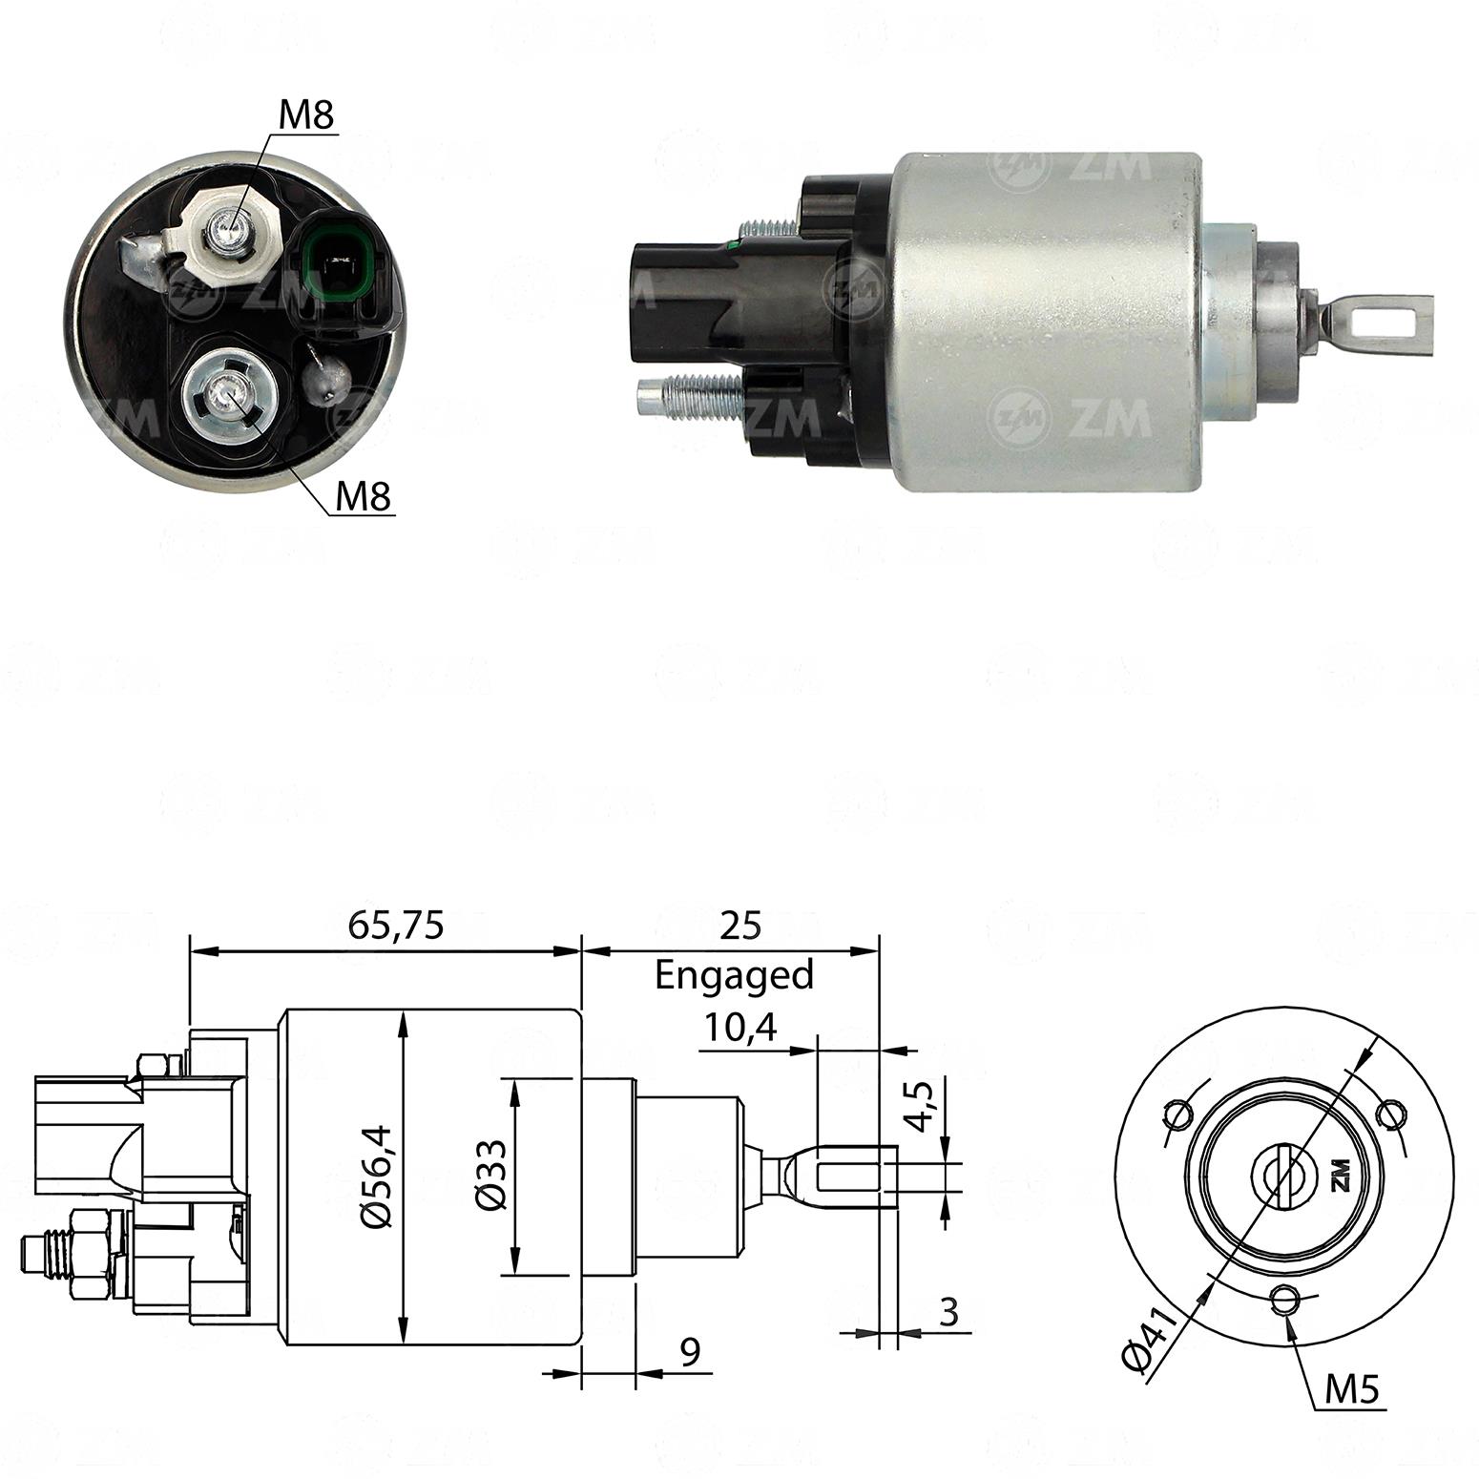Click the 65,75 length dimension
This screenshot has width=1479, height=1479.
pyautogui.click(x=396, y=925)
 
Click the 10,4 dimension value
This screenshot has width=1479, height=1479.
pyautogui.click(x=740, y=1028)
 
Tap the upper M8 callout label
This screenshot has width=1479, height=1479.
pyautogui.click(x=306, y=115)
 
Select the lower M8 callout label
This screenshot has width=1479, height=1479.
pyautogui.click(x=364, y=496)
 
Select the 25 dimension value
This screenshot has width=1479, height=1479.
pyautogui.click(x=741, y=925)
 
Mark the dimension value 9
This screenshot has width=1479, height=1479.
pyautogui.click(x=691, y=1350)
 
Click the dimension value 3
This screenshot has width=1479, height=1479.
pyautogui.click(x=948, y=1313)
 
